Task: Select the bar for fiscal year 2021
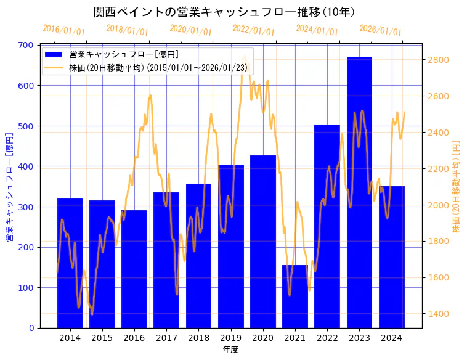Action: pos(295,297)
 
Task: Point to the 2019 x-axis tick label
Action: pos(230,338)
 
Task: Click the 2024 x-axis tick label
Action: pos(391,338)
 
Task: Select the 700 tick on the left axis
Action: pos(26,45)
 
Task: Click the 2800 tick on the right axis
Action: pos(438,60)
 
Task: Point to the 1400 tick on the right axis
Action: pos(438,314)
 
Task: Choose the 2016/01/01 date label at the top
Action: pos(63,30)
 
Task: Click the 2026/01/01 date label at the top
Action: pos(380,30)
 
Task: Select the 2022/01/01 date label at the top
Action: pos(253,30)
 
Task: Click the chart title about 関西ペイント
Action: pos(224,12)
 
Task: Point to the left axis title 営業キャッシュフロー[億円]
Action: pos(9,186)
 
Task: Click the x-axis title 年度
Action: pos(230,350)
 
